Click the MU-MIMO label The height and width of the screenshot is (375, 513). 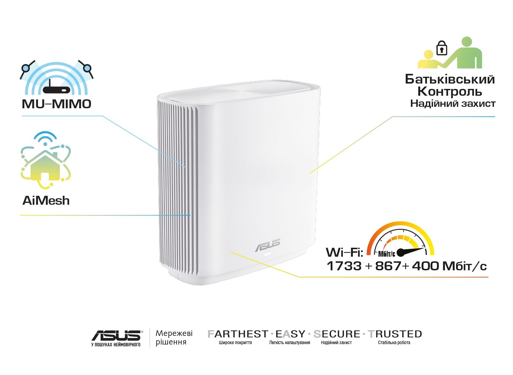(x=57, y=104)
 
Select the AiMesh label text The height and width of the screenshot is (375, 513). (x=46, y=200)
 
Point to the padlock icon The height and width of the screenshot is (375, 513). (x=442, y=48)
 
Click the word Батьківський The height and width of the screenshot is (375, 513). (x=450, y=79)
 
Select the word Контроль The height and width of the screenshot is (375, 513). (x=450, y=91)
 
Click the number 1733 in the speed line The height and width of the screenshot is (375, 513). (x=344, y=266)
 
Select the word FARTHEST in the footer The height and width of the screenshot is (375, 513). (x=238, y=334)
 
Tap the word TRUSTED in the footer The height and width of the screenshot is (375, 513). (x=395, y=334)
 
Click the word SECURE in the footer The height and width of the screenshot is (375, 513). (x=337, y=334)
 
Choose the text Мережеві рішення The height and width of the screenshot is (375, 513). (x=174, y=337)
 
